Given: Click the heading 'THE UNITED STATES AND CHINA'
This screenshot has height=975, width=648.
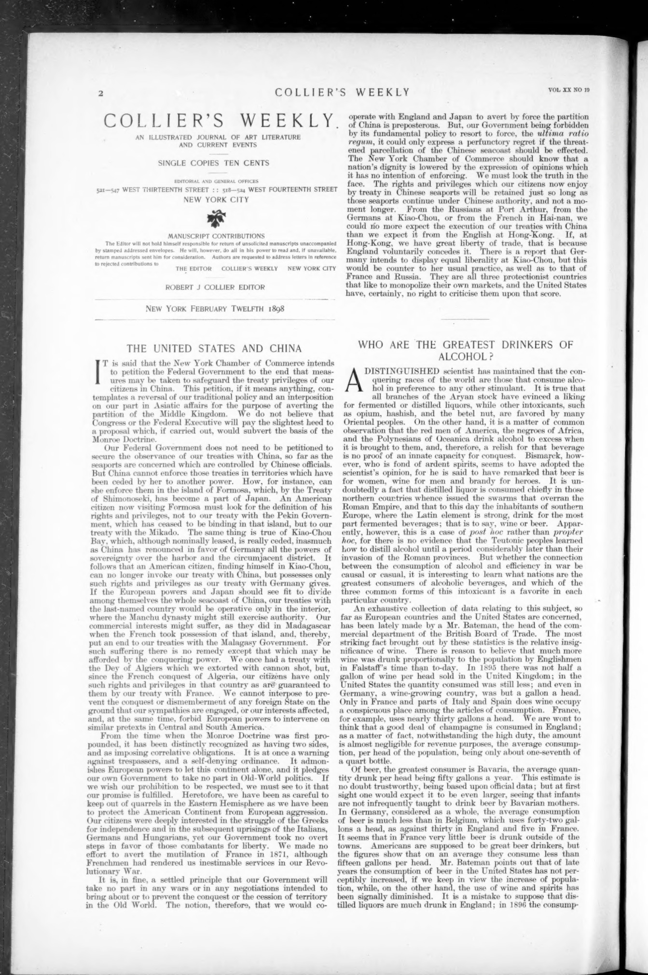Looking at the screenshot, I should pos(214,348).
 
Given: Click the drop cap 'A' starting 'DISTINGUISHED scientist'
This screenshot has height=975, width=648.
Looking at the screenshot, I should pos(355,382).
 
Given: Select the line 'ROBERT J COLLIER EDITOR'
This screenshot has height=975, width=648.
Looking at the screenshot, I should pos(215,287).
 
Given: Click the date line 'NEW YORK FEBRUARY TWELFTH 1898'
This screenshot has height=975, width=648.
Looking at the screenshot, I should pos(215,308).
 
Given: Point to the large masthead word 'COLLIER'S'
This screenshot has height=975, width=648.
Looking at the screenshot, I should pos(160,121).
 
